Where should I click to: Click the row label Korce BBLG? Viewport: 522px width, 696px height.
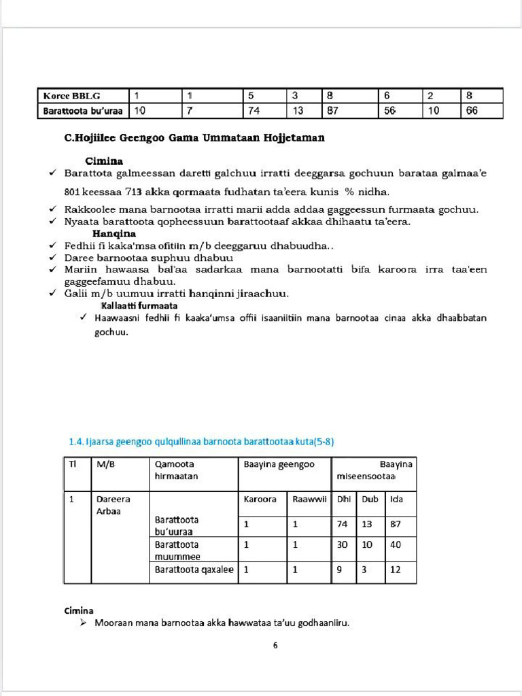click(x=71, y=96)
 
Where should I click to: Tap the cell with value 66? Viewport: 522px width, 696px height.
click(x=472, y=111)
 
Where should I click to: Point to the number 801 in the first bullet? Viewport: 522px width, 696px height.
click(x=73, y=192)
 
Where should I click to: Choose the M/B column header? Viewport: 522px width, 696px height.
click(x=105, y=464)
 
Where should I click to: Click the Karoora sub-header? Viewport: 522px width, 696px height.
click(x=260, y=499)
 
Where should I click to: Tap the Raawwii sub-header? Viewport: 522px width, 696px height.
click(x=308, y=499)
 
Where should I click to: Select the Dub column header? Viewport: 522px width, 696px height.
click(x=370, y=499)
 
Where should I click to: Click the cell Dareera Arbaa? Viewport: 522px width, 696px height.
click(x=113, y=504)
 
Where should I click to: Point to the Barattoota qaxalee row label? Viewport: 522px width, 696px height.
click(x=194, y=570)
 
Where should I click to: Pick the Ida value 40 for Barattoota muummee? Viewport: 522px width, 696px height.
click(x=396, y=544)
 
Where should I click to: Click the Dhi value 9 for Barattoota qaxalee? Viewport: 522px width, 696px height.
click(x=340, y=570)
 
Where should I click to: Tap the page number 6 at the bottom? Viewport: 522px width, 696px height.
click(x=275, y=646)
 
